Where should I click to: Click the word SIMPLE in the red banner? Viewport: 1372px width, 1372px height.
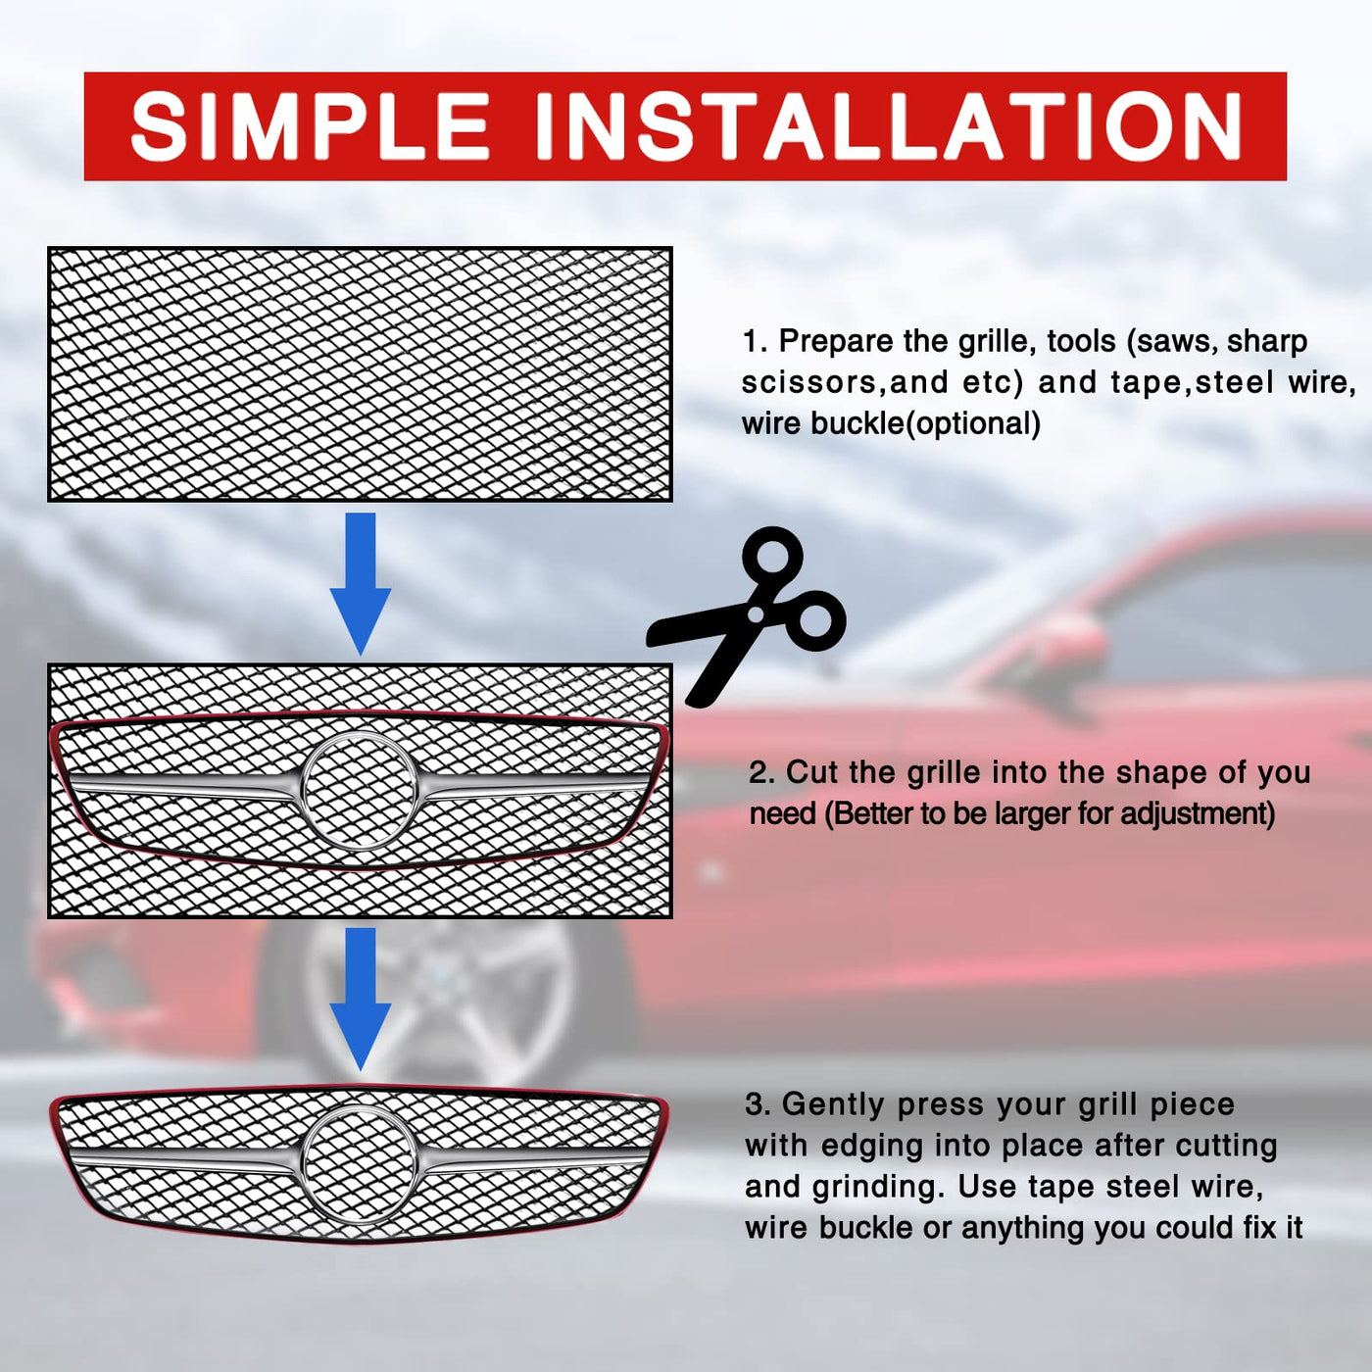(x=310, y=126)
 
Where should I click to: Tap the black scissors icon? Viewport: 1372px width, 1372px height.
(x=746, y=616)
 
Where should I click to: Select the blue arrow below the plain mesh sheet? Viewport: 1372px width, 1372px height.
(x=361, y=584)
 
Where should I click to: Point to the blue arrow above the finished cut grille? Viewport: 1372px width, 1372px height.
(x=361, y=999)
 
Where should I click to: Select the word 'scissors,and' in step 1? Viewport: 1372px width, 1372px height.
(x=845, y=383)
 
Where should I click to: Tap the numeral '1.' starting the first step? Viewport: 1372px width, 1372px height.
(x=756, y=342)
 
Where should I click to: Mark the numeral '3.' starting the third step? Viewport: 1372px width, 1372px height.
(x=759, y=1105)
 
